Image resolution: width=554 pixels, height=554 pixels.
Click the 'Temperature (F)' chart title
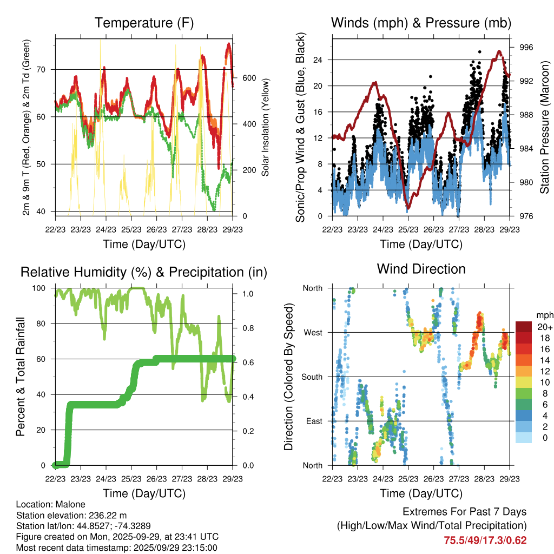point(143,23)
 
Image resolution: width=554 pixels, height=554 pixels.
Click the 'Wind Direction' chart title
point(421,269)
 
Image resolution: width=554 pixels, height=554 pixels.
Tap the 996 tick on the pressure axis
point(526,48)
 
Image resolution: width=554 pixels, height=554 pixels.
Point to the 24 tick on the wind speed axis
point(319,60)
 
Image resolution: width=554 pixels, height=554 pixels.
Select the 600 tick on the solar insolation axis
point(249,78)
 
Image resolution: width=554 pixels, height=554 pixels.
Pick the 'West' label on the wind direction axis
point(312,332)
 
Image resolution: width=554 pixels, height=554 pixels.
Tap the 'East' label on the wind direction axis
point(313,421)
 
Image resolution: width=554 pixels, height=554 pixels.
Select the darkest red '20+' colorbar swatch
point(524,327)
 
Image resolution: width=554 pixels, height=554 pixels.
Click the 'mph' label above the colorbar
point(543,315)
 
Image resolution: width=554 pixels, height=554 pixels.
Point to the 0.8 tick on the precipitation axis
point(246,328)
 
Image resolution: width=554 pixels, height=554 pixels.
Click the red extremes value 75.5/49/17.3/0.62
point(485,540)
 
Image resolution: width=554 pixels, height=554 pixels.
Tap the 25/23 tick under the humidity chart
point(131,478)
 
